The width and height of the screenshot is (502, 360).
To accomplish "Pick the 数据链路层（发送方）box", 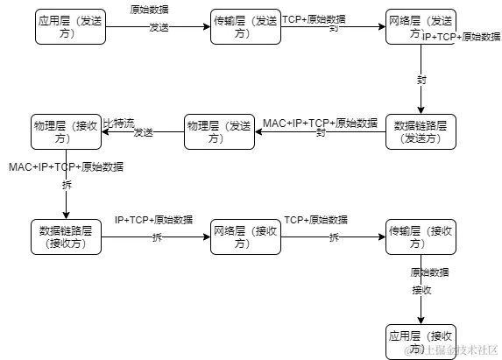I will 421,131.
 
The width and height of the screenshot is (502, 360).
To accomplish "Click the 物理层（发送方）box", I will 219,131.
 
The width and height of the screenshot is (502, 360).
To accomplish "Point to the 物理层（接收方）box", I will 67,131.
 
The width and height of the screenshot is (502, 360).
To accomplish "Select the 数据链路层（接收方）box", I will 66,237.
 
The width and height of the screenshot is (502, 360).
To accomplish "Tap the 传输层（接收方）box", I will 421,237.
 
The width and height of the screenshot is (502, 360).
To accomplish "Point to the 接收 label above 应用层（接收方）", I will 421,290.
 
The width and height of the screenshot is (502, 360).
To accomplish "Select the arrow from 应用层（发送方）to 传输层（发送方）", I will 158,27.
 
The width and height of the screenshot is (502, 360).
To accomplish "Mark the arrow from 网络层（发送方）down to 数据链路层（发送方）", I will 421,79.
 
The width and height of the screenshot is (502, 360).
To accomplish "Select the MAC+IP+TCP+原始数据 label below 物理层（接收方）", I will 67,166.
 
